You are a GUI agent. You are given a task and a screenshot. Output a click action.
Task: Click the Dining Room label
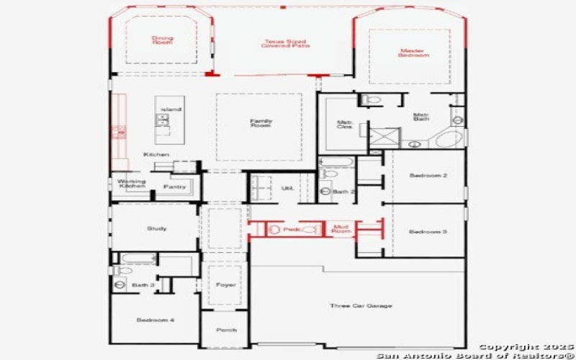tap(162, 40)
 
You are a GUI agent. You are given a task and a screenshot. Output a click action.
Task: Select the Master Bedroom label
tap(415, 53)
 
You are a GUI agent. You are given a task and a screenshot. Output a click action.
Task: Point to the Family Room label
tap(260, 123)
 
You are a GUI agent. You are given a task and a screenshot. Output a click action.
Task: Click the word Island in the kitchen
tap(171, 109)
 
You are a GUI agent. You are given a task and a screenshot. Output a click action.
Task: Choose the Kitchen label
tap(156, 155)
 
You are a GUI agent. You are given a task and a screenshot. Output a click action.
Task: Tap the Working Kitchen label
tap(132, 184)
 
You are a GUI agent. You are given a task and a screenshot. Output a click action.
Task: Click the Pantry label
tap(174, 186)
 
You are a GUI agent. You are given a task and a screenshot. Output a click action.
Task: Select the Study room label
tap(157, 228)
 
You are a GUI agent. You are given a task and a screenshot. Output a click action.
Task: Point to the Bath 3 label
tap(143, 285)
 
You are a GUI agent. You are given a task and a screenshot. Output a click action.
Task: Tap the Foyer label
tap(225, 285)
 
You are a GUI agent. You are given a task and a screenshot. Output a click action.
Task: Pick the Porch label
tap(226, 330)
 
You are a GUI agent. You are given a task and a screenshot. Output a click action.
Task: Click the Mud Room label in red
tap(341, 229)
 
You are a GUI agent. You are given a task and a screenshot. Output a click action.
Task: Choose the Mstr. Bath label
tap(422, 117)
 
